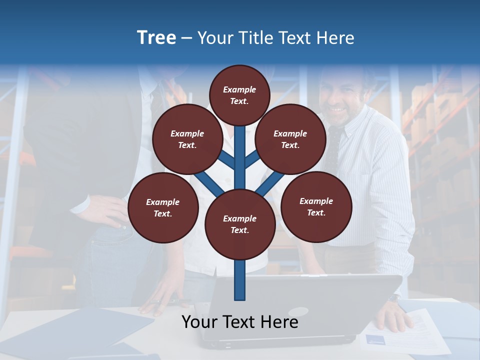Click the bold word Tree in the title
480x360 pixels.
tap(156, 38)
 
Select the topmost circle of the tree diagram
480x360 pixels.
tap(239, 95)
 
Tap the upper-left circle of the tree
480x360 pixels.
tap(187, 139)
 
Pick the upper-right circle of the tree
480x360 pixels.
tap(290, 139)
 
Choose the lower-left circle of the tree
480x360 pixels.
tap(163, 207)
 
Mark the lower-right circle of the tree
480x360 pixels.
tap(316, 206)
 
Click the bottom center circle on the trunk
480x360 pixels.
tap(240, 224)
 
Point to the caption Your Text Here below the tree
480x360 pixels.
tap(240, 322)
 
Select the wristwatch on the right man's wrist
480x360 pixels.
tap(394, 298)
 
